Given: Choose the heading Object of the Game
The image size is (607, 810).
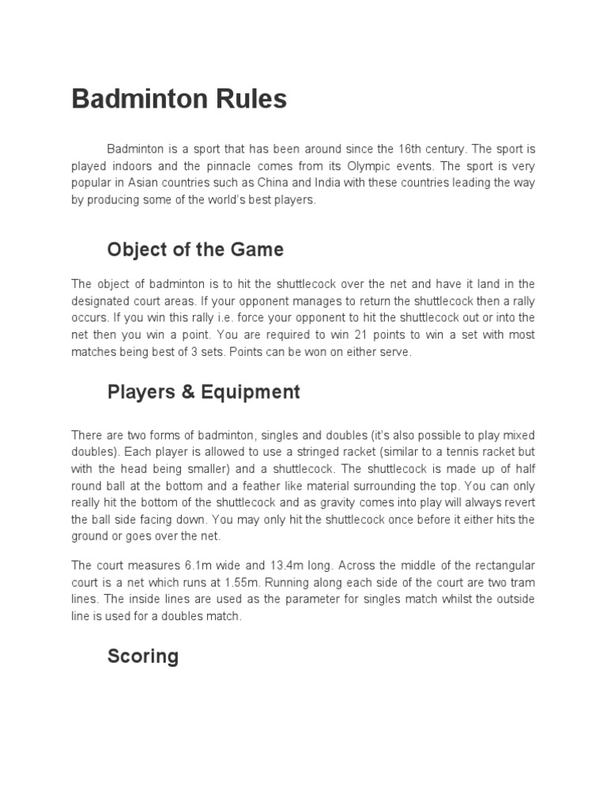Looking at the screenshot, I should tap(195, 250).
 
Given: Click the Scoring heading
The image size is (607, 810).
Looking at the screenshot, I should tap(143, 657).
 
